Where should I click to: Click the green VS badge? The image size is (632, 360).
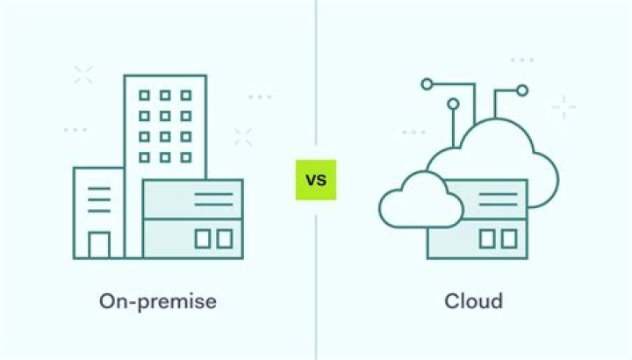pyautogui.click(x=316, y=180)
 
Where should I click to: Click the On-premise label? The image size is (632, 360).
pyautogui.click(x=158, y=301)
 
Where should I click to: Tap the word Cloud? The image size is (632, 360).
pyautogui.click(x=474, y=301)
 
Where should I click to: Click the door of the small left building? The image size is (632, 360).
pyautogui.click(x=99, y=244)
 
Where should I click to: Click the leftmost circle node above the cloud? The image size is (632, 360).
pyautogui.click(x=427, y=84)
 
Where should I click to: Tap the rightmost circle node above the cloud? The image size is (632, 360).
pyautogui.click(x=522, y=90)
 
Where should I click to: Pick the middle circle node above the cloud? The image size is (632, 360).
pyautogui.click(x=454, y=104)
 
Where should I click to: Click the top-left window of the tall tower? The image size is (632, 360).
pyautogui.click(x=144, y=96)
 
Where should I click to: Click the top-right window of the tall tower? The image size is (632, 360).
pyautogui.click(x=186, y=96)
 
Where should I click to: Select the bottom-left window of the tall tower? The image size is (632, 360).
pyautogui.click(x=144, y=157)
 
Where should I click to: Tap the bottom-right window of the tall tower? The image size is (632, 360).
pyautogui.click(x=186, y=157)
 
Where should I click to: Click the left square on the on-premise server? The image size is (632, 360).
pyautogui.click(x=203, y=239)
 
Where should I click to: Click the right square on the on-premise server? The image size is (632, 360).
pyautogui.click(x=225, y=239)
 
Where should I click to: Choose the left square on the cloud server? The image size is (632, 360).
pyautogui.click(x=487, y=239)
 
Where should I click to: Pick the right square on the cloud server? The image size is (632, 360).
pyautogui.click(x=509, y=239)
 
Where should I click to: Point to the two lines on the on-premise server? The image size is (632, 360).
pyautogui.click(x=213, y=199)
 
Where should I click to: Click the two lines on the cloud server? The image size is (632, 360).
pyautogui.click(x=499, y=199)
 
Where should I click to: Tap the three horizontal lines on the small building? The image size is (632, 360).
pyautogui.click(x=99, y=199)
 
